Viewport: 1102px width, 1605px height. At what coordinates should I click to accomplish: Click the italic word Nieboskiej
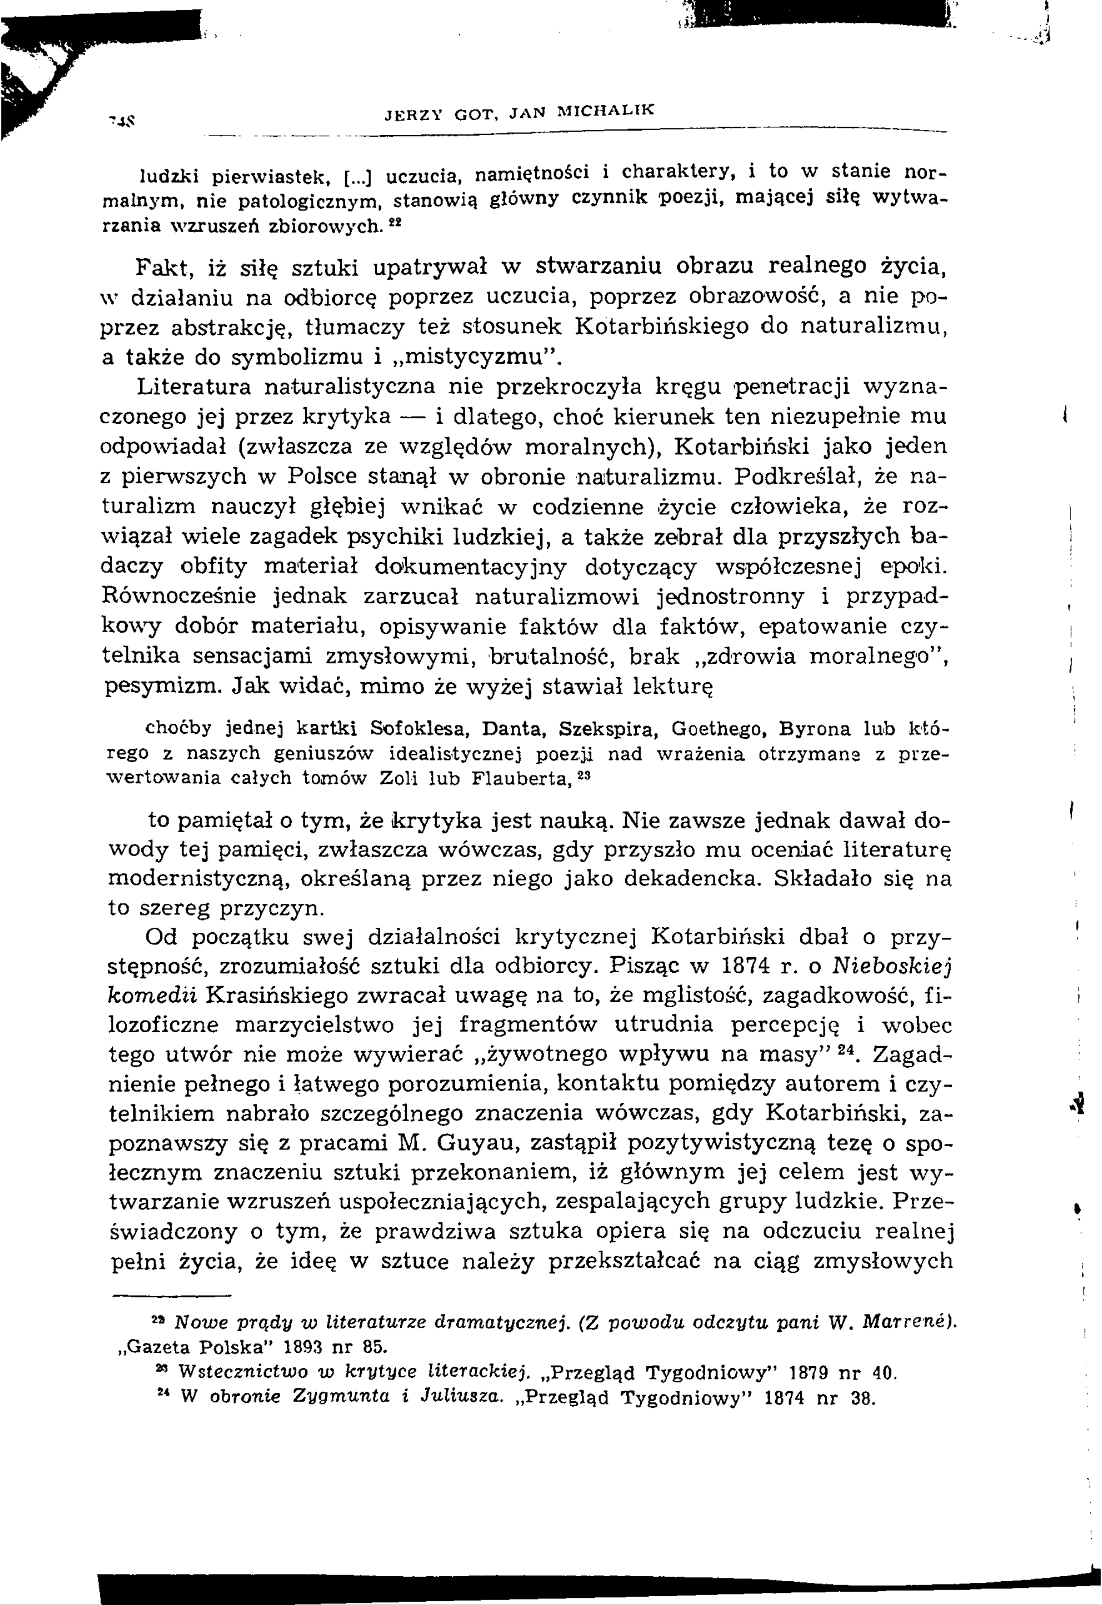click(891, 966)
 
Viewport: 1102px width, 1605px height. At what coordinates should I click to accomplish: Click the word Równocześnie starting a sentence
click(178, 596)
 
